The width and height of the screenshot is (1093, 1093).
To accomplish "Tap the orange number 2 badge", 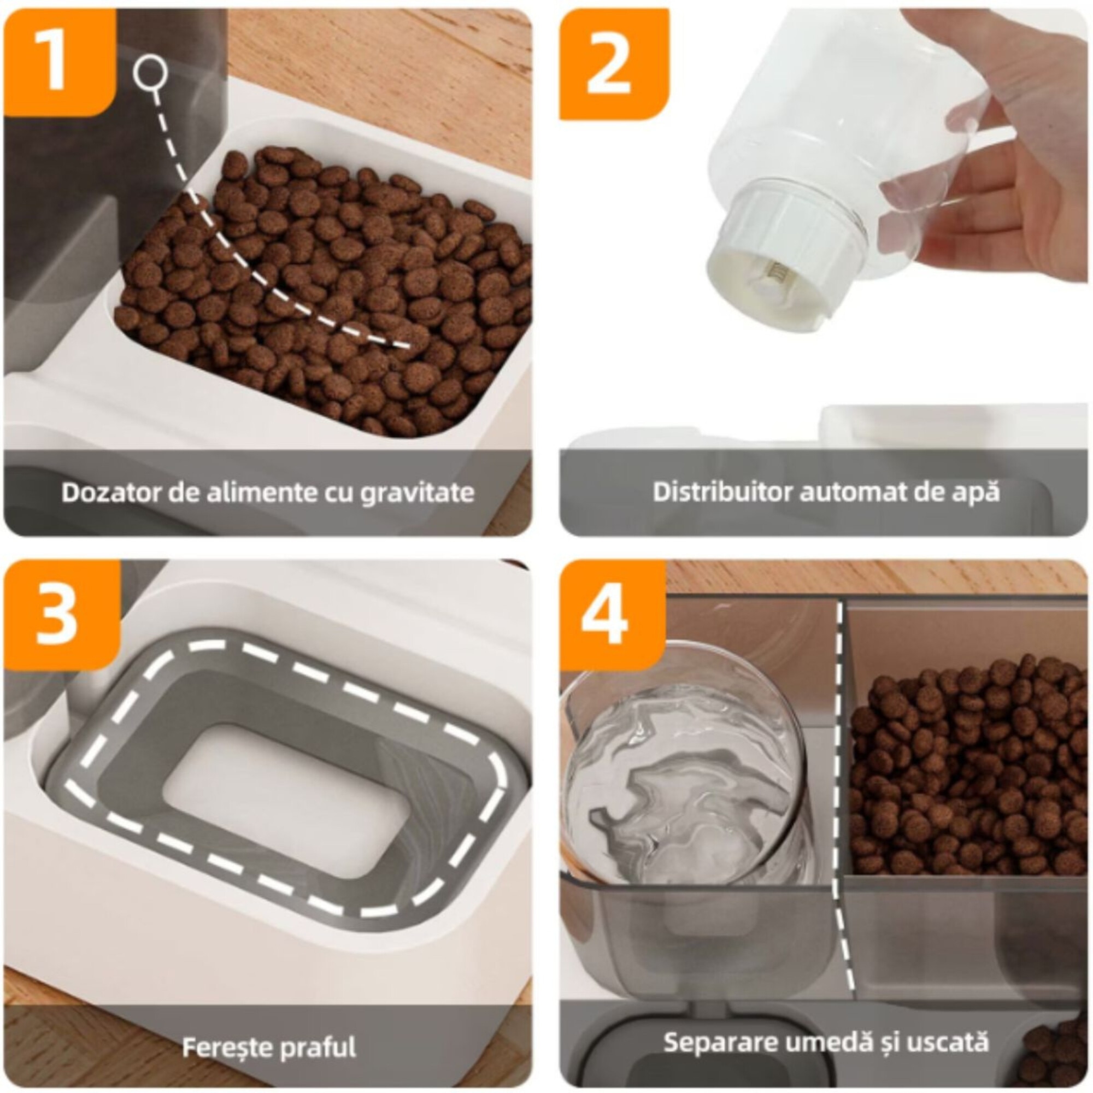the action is click(x=614, y=63).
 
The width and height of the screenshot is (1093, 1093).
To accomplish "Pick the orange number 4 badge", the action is click(x=612, y=615).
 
